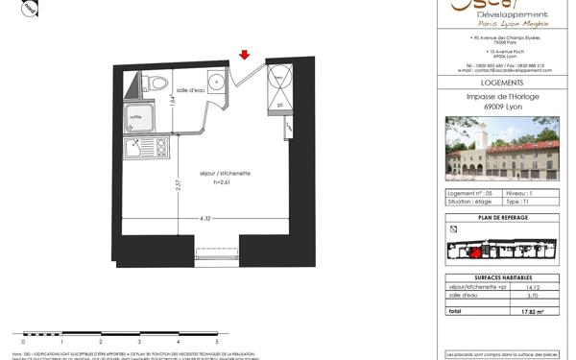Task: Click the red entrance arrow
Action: (x=245, y=55)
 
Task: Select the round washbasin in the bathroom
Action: (x=219, y=81)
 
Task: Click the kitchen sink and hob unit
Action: (x=147, y=148)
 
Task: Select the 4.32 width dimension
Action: (x=205, y=219)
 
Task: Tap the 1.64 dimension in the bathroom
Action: (x=173, y=97)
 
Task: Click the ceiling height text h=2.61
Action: (x=222, y=181)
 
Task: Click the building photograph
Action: (x=502, y=149)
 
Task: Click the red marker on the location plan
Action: (x=474, y=252)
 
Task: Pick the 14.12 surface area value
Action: (x=534, y=286)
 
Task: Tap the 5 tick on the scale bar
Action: (x=217, y=341)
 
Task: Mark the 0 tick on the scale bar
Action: (x=23, y=341)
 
